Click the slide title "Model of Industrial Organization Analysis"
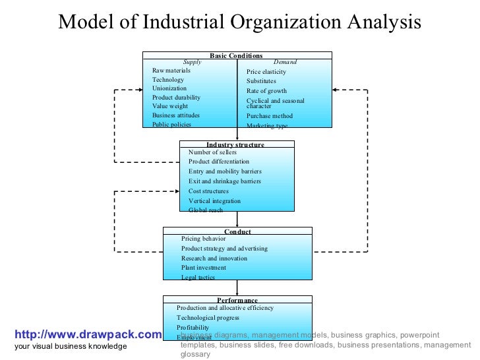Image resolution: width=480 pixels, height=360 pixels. pos(239,22)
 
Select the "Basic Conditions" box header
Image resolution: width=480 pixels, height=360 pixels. pos(236,56)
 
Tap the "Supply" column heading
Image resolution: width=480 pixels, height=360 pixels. pos(192,62)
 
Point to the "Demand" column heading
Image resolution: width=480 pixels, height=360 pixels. pos(285,62)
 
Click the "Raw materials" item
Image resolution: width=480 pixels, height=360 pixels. pos(171,71)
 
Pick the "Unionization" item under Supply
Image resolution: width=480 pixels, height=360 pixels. pos(169,88)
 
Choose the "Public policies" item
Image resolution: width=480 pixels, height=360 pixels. pos(172,124)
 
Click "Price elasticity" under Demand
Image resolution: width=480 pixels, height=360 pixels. pos(266,72)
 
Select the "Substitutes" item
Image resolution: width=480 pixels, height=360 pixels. pos(261,81)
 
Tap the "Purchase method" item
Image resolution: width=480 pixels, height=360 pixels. pos(270,116)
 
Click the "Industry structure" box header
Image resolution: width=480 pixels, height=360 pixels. pos(235,144)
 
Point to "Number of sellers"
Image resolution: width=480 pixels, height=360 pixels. pos(212,152)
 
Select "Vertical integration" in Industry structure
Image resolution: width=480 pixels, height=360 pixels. pos(214,201)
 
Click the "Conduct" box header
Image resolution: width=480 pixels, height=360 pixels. pos(237,231)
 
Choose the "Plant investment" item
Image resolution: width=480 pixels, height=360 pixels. pos(204,268)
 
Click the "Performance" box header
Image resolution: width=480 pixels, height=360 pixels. pos(237,301)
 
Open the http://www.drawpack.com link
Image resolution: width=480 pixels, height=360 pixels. pos(86,335)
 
